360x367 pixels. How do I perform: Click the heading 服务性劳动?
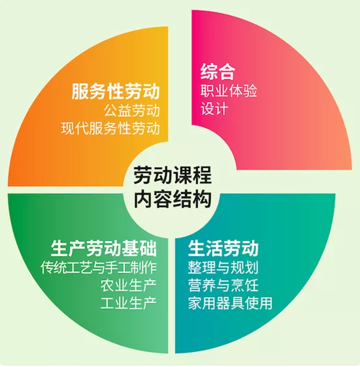(x=116, y=91)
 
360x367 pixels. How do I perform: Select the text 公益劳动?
(x=132, y=110)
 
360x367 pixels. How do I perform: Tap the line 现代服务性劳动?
(x=110, y=128)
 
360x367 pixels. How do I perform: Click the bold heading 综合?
(x=218, y=71)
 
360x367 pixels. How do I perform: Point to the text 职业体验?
(x=229, y=90)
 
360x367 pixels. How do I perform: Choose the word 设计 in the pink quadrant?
(x=214, y=108)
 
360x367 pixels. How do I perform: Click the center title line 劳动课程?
(x=172, y=175)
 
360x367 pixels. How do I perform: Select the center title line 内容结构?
(x=172, y=199)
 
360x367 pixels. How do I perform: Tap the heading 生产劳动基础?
(x=104, y=248)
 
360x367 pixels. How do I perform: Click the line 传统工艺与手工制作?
(x=99, y=267)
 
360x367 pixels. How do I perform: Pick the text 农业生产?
(x=129, y=285)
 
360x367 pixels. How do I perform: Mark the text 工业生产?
(x=129, y=303)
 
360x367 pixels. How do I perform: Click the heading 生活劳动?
(x=223, y=248)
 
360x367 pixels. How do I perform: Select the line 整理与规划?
(x=223, y=267)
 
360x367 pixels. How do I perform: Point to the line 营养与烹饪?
(x=223, y=285)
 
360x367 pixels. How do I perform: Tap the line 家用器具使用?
(x=230, y=303)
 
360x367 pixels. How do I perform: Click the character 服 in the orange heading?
(x=80, y=91)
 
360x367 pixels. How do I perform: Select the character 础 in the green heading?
(x=148, y=248)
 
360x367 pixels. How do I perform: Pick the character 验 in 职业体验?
(x=250, y=90)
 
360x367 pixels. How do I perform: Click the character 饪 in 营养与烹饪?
(x=252, y=285)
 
